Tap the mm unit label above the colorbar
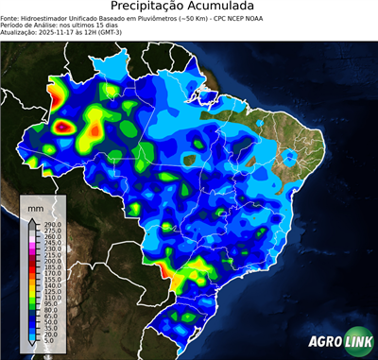pyautogui.click(x=35, y=206)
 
